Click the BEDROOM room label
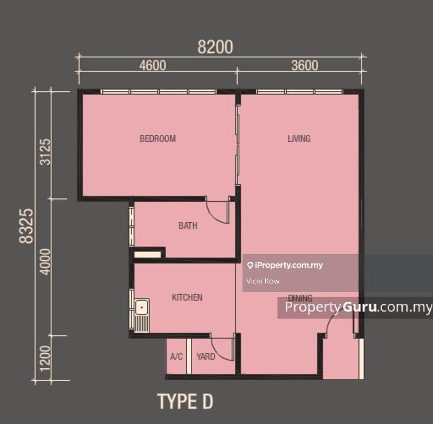pyautogui.click(x=158, y=138)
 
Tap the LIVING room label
pyautogui.click(x=299, y=138)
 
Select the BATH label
pyautogui.click(x=188, y=226)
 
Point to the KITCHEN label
pyautogui.click(x=187, y=297)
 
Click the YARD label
pyautogui.click(x=206, y=356)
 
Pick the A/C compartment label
pyautogui.click(x=176, y=356)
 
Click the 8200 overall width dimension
pyautogui.click(x=215, y=47)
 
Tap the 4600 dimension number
pyautogui.click(x=153, y=65)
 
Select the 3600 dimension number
pyautogui.click(x=305, y=65)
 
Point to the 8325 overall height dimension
pyautogui.click(x=27, y=226)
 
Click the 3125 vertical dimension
pyautogui.click(x=45, y=152)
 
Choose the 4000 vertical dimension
pyautogui.click(x=45, y=262)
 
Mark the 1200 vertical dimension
pyautogui.click(x=45, y=359)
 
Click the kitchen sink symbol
pyautogui.click(x=142, y=315)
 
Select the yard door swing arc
pyautogui.click(x=220, y=353)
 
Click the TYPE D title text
pyautogui.click(x=185, y=401)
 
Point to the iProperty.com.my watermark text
pyautogui.click(x=289, y=265)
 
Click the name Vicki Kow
pyautogui.click(x=263, y=281)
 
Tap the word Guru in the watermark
pyautogui.click(x=359, y=307)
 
